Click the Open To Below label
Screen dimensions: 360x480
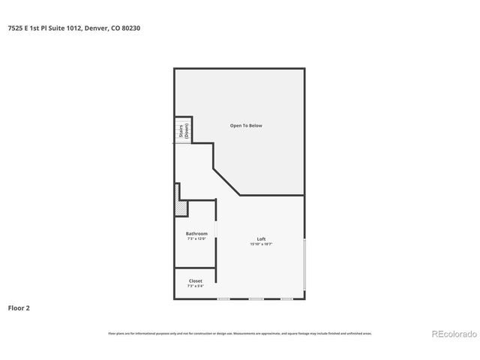[246, 125]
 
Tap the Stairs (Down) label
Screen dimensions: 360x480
[182, 130]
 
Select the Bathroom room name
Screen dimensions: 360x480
[196, 233]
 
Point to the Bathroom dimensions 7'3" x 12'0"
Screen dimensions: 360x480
[196, 238]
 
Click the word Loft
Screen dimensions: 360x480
[261, 238]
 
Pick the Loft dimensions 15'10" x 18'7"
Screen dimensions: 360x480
[261, 244]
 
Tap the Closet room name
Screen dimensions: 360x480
[195, 280]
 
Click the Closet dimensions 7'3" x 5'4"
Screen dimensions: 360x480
[195, 286]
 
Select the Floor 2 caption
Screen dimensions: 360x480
[19, 307]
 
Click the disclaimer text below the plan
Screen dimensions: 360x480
[240, 333]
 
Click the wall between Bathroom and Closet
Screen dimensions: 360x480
[195, 268]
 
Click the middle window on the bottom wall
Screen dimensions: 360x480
[256, 298]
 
